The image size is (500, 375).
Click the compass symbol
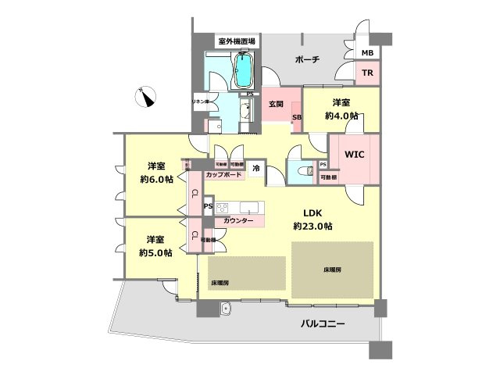click(145, 96)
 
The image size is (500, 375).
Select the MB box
click(366, 53)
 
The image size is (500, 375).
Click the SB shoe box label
click(297, 118)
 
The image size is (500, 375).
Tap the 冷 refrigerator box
click(255, 166)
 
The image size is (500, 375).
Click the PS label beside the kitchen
click(207, 206)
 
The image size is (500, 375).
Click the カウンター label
click(238, 222)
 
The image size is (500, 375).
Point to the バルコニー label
click(327, 323)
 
